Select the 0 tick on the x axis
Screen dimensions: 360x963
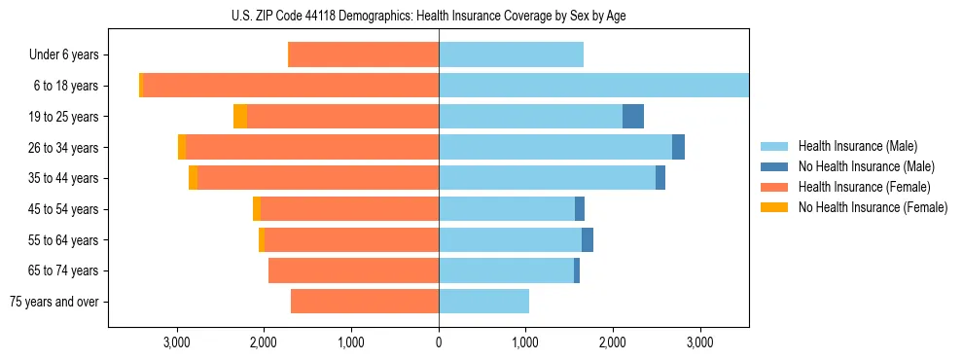coord(439,342)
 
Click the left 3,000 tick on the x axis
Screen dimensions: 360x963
coord(177,342)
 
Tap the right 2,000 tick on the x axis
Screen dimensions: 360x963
coord(613,342)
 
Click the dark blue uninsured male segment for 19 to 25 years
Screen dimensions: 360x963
coord(633,117)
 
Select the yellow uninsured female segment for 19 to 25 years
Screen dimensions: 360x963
coord(240,117)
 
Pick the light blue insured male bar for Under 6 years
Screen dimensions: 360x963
coord(511,55)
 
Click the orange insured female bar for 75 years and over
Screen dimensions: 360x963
coord(365,302)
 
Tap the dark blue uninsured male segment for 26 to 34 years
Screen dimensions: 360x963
coord(678,147)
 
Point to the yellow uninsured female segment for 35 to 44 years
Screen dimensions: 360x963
coord(193,178)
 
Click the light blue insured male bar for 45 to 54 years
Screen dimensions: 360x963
coord(507,209)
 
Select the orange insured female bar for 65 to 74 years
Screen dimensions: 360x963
coord(353,270)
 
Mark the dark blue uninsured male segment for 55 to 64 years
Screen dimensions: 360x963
coord(588,240)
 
